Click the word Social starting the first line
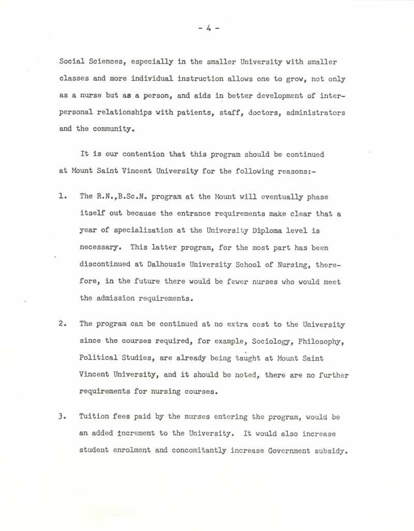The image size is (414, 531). point(71,62)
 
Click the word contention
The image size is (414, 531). point(132,154)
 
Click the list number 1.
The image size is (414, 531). point(62,197)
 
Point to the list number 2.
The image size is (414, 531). point(62,324)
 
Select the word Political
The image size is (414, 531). point(98,358)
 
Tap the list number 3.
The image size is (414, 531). point(62,417)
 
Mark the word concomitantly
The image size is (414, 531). point(199,450)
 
